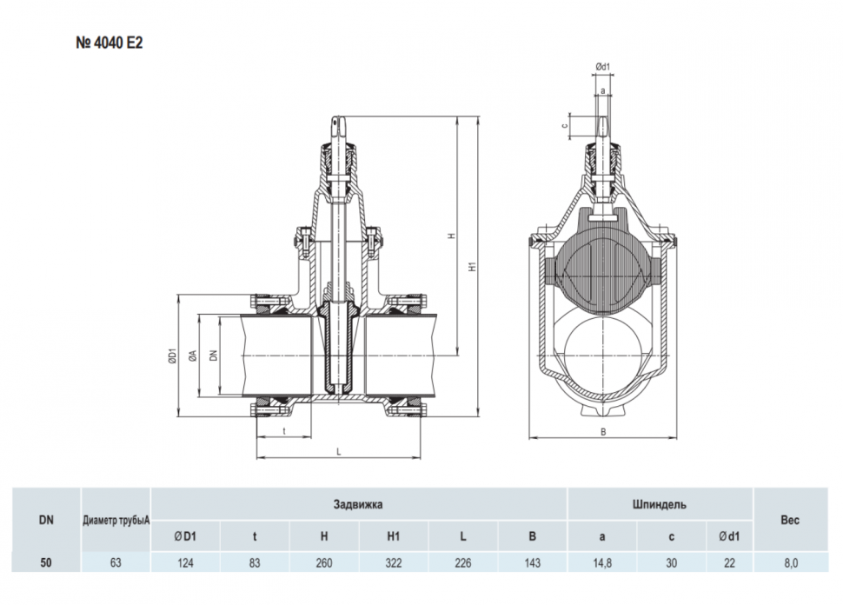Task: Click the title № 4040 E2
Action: tap(110, 43)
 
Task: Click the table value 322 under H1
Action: tap(394, 563)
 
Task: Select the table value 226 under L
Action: tap(463, 563)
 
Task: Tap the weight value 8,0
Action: tap(791, 563)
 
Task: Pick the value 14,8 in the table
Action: tap(602, 563)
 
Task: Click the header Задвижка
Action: tap(358, 504)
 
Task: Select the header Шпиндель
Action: tap(660, 504)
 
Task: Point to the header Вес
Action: tap(790, 520)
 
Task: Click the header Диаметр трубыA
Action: tap(116, 520)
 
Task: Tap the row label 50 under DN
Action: tap(46, 563)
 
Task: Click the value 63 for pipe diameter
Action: tap(116, 563)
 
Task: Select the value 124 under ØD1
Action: tap(185, 563)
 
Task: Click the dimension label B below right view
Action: tap(603, 432)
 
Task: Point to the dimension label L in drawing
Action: tap(339, 452)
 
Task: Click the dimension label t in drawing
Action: tap(284, 431)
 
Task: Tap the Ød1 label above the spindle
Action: tap(602, 67)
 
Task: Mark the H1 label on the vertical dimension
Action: tap(472, 266)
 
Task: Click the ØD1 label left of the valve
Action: tap(172, 356)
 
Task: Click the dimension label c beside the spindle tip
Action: tap(564, 126)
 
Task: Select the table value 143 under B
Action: tap(532, 563)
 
